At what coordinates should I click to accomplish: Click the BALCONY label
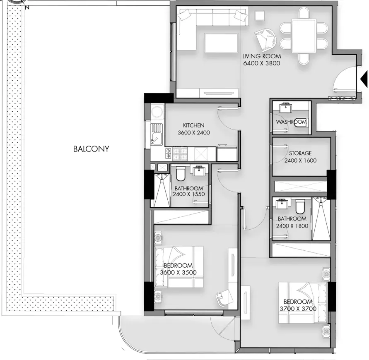pyautogui.click(x=91, y=149)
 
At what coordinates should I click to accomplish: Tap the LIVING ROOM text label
pyautogui.click(x=262, y=56)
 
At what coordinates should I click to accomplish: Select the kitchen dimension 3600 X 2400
pyautogui.click(x=194, y=132)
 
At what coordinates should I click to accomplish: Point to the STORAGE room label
pyautogui.click(x=300, y=154)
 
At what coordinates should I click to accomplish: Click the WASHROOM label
pyautogui.click(x=291, y=122)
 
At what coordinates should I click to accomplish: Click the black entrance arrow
pyautogui.click(x=364, y=79)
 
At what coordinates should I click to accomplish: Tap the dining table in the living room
pyautogui.click(x=304, y=36)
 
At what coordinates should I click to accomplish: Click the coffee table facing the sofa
pyautogui.click(x=222, y=43)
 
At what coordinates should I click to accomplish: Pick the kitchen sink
pyautogui.click(x=157, y=134)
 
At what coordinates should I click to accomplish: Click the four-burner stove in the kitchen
pyautogui.click(x=180, y=154)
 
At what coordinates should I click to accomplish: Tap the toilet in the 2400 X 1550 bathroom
pyautogui.click(x=181, y=173)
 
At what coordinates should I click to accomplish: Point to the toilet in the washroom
pyautogui.click(x=301, y=122)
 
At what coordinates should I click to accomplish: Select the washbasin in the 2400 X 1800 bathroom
pyautogui.click(x=283, y=204)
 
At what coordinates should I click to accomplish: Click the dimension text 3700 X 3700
pyautogui.click(x=298, y=309)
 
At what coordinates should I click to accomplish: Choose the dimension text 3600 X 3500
pyautogui.click(x=178, y=273)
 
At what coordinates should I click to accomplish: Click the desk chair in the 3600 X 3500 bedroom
pyautogui.click(x=224, y=298)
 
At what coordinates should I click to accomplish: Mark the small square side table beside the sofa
pyautogui.click(x=260, y=16)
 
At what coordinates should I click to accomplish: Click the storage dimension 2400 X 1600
pyautogui.click(x=300, y=161)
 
